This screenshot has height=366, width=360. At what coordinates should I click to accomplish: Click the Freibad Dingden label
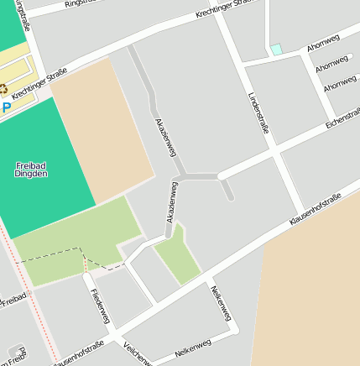coord(31,170)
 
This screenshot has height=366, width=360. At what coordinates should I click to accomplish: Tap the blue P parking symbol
coord(7,107)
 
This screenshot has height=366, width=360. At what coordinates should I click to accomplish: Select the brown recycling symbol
coord(3,89)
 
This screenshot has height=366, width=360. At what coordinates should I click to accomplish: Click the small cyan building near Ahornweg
coord(276,50)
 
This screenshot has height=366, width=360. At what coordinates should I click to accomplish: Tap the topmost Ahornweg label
coord(323,43)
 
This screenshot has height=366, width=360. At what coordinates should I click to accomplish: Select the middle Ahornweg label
coord(331,64)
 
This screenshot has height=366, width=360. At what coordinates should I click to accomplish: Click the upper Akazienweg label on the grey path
coord(164,137)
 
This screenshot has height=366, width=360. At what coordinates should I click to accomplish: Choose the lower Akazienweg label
coord(170,201)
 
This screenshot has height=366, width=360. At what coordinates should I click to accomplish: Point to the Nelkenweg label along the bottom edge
coord(192,350)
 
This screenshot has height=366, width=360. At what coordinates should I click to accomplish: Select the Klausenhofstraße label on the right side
coord(315,209)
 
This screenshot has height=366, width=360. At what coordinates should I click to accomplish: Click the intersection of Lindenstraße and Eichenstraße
coord(274,151)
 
